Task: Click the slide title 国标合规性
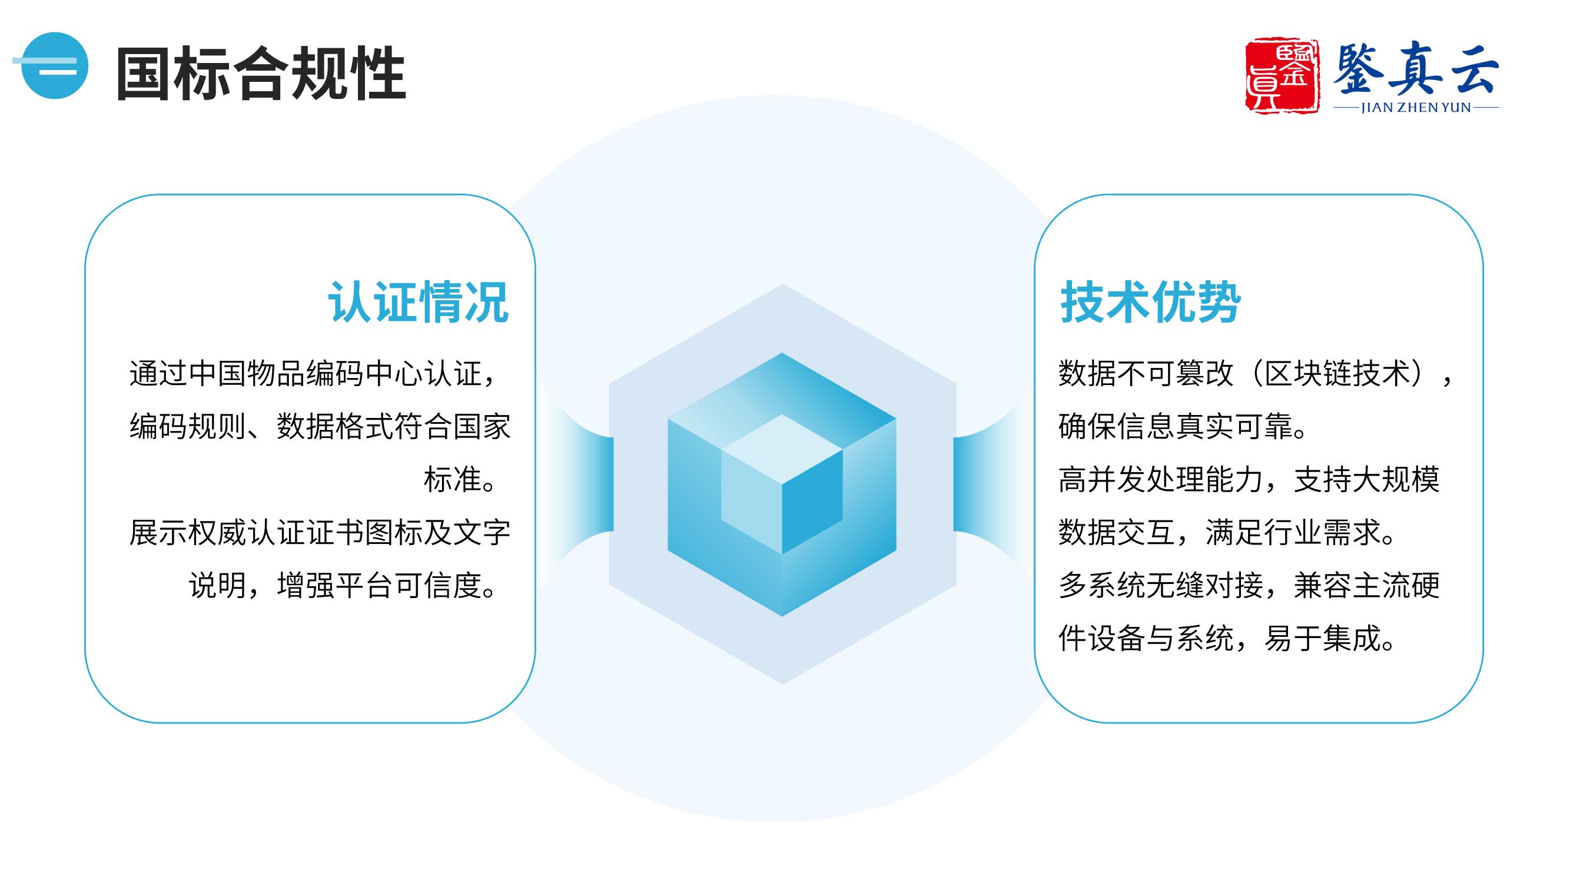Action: click(261, 73)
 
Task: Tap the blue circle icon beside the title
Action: click(54, 65)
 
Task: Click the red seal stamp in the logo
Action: click(1282, 76)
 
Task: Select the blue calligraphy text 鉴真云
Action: click(1415, 69)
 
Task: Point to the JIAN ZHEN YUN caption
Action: click(1416, 108)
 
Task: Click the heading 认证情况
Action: click(418, 301)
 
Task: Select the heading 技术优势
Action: click(1150, 301)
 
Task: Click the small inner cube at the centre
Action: click(782, 484)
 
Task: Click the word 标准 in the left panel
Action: click(452, 480)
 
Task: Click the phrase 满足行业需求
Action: click(1293, 533)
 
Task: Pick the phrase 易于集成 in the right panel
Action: click(1323, 639)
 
